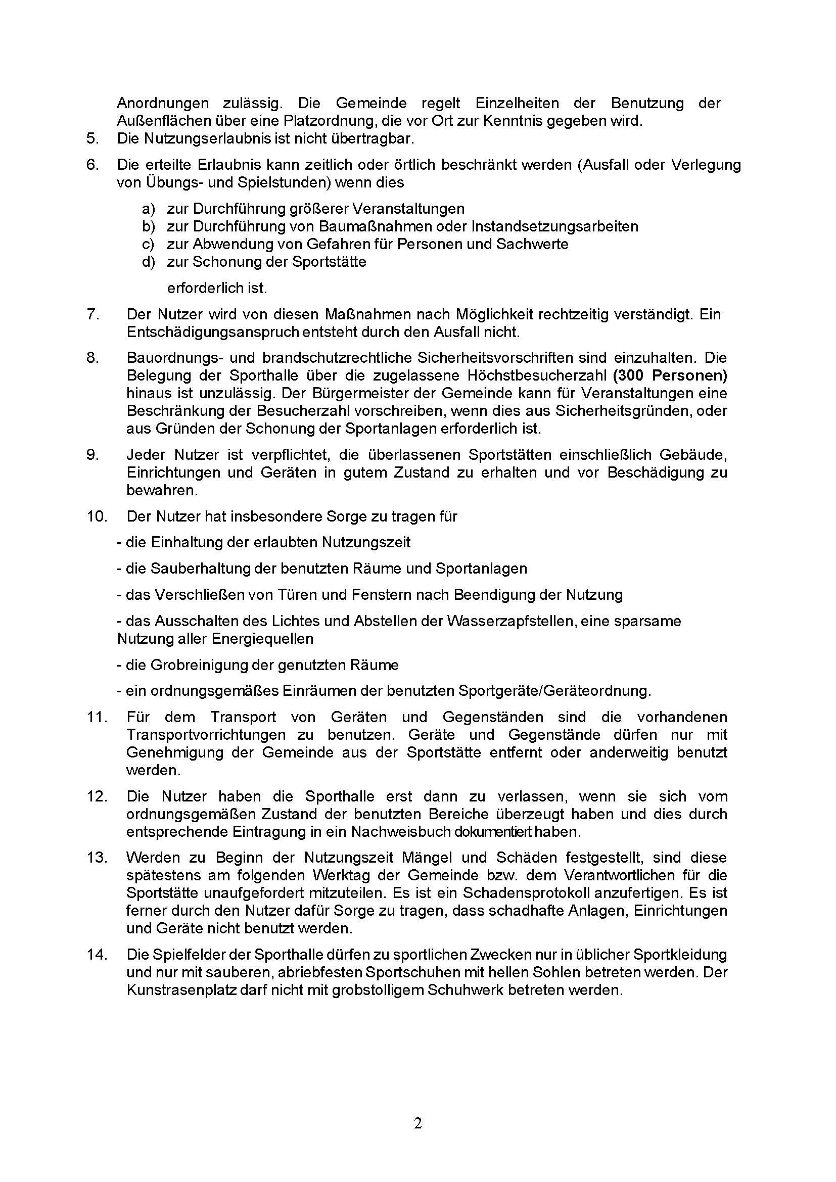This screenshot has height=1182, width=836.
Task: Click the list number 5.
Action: (92, 138)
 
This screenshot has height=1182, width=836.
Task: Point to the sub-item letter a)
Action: (148, 209)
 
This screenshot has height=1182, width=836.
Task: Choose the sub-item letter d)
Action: (148, 262)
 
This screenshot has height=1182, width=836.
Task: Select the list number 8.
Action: (92, 358)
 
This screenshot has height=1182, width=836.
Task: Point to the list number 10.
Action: (97, 516)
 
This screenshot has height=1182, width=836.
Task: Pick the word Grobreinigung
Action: (198, 665)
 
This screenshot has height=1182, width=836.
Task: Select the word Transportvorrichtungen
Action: (206, 735)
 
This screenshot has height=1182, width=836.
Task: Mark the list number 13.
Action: (97, 858)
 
